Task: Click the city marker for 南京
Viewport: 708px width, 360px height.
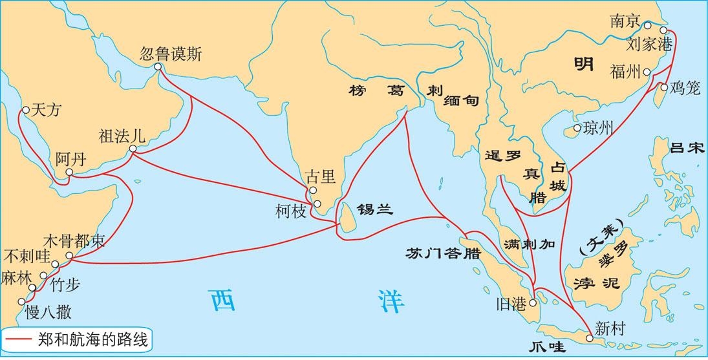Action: [x=647, y=26]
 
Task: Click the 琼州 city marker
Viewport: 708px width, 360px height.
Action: [x=577, y=129]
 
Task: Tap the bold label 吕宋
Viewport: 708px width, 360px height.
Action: [x=686, y=148]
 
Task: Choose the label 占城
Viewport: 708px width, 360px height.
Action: [x=558, y=176]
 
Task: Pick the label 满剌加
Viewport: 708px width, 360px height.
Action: [x=529, y=243]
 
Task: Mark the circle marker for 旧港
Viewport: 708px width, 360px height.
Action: [x=533, y=302]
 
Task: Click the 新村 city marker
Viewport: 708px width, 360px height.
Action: [x=588, y=337]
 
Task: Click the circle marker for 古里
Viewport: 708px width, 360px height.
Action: [x=312, y=191]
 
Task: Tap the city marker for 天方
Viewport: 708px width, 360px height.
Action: [x=25, y=110]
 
